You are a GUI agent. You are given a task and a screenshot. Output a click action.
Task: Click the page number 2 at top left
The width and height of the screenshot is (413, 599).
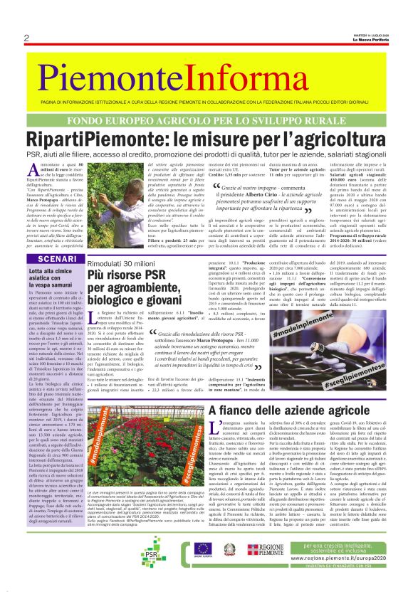[x=26, y=38]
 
